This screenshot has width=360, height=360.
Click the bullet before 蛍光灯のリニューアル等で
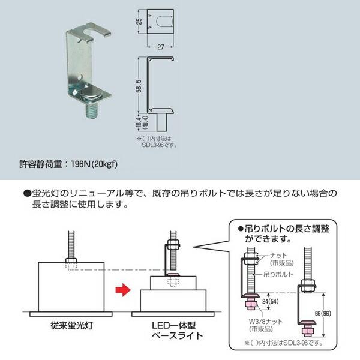27,194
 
